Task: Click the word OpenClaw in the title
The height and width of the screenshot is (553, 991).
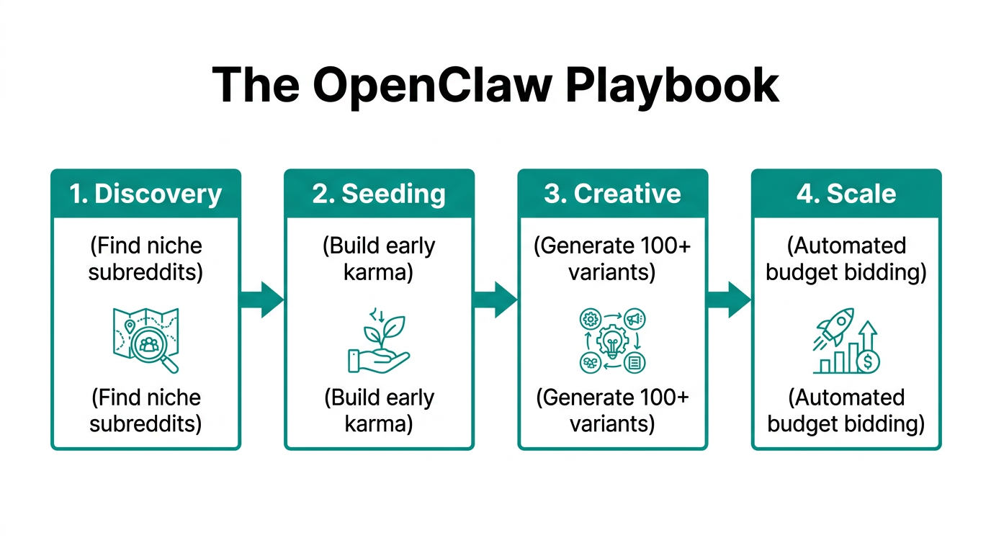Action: [x=432, y=86]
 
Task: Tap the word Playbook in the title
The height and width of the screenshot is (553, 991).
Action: [x=672, y=86]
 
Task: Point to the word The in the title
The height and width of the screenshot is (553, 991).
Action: [x=256, y=86]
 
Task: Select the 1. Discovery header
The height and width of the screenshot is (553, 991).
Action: [x=145, y=194]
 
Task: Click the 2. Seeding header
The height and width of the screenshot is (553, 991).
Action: [x=379, y=194]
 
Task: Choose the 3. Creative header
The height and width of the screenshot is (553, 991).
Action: [x=612, y=194]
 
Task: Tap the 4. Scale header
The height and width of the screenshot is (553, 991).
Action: [x=846, y=194]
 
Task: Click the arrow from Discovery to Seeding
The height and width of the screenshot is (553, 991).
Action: [x=262, y=300]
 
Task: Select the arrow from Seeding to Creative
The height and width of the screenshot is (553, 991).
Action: [x=495, y=300]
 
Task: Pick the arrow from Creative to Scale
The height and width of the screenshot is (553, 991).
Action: [x=729, y=300]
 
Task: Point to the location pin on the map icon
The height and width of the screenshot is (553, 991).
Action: [x=130, y=326]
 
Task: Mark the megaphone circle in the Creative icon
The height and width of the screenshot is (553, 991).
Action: [x=634, y=319]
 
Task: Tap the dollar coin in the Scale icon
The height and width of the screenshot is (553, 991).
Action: [x=868, y=362]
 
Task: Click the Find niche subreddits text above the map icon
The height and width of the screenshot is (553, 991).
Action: [x=145, y=258]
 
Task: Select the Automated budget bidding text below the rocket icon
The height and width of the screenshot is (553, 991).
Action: [x=846, y=410]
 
